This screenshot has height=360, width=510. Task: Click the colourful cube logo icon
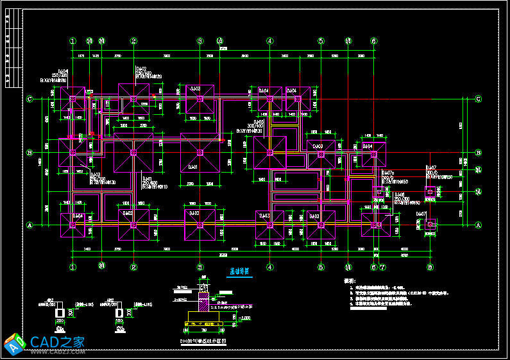(14, 343)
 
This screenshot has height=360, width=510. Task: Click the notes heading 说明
(350, 281)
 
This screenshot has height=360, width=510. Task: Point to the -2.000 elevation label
(244, 317)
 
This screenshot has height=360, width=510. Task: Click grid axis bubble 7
(382, 267)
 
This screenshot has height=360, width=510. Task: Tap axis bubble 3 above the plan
(200, 41)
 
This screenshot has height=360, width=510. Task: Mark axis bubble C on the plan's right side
(479, 99)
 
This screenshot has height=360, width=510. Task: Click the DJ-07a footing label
(389, 173)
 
